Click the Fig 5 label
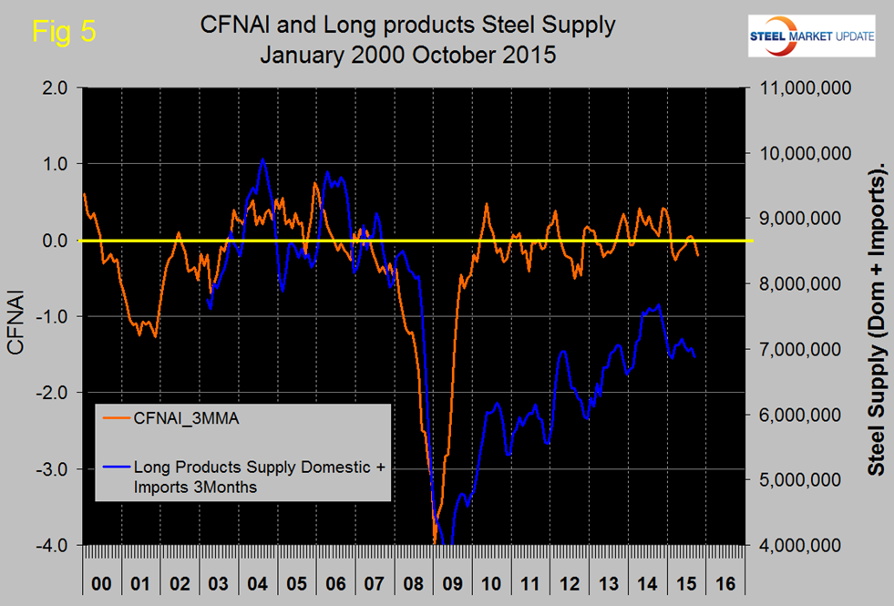pyautogui.click(x=64, y=33)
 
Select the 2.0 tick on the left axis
pyautogui.click(x=56, y=87)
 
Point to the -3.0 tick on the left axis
pyautogui.click(x=53, y=468)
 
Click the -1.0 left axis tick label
pyautogui.click(x=53, y=316)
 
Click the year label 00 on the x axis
pyautogui.click(x=102, y=580)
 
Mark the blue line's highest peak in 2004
pyautogui.click(x=263, y=159)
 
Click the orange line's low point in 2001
pyautogui.click(x=156, y=337)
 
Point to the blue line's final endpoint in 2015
pyautogui.click(x=695, y=357)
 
